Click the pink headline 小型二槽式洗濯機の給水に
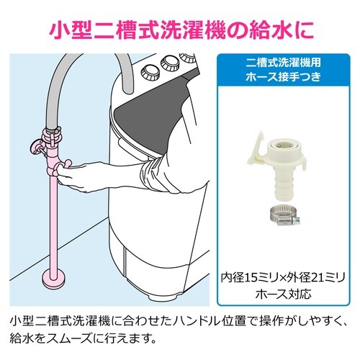pos(181,31)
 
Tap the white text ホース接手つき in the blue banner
pos(284,77)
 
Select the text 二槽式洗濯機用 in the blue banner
pos(284,63)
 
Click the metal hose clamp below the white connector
pos(284,216)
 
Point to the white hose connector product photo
pos(276,167)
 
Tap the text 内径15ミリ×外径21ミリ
pos(283,278)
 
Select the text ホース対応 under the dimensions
pos(284,294)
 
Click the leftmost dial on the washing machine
pos(148,72)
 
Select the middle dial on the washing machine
pos(171,63)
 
